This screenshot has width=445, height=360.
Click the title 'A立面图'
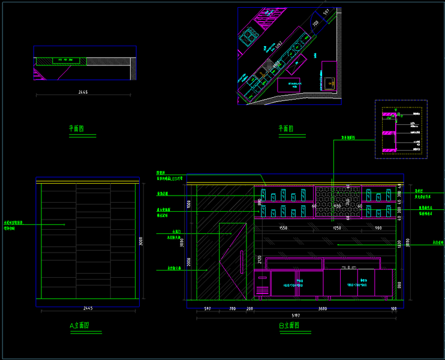pyautogui.click(x=79, y=325)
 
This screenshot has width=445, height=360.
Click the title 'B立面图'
pyautogui.click(x=288, y=326)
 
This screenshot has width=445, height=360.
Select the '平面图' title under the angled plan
pyautogui.click(x=286, y=128)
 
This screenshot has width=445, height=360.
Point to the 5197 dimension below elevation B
pyautogui.click(x=295, y=315)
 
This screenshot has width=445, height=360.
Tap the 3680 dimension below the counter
pyautogui.click(x=323, y=308)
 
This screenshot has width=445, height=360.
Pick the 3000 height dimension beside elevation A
pyautogui.click(x=142, y=242)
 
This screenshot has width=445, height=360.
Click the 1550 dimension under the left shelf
pyautogui.click(x=284, y=228)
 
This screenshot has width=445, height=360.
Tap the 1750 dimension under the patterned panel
pyautogui.click(x=336, y=228)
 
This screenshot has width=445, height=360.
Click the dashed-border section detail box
pyautogui.click(x=401, y=129)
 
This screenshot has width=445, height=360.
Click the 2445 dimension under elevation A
pyautogui.click(x=88, y=308)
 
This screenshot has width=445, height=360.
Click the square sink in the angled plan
pyautogui.click(x=329, y=81)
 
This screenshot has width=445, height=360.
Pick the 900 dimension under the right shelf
pyautogui.click(x=378, y=228)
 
